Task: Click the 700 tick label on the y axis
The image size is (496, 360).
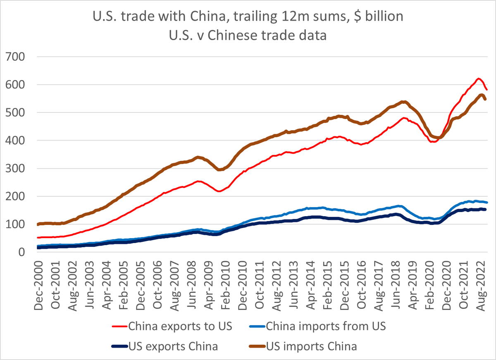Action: [x=16, y=57]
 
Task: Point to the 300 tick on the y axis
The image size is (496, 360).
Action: [x=16, y=168]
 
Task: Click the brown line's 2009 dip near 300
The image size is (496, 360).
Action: [x=220, y=169]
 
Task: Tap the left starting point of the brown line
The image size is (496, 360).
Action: [x=38, y=224]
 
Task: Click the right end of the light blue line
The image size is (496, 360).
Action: [x=487, y=203]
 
